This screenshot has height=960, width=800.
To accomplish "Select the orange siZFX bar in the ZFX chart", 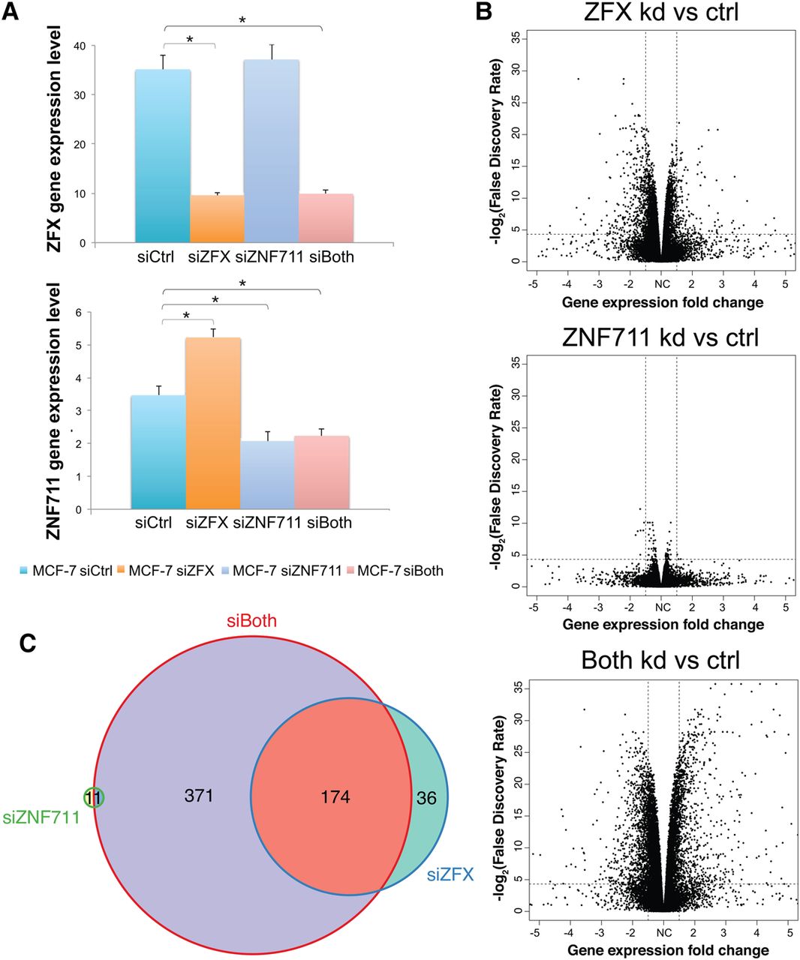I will pyautogui.click(x=218, y=218).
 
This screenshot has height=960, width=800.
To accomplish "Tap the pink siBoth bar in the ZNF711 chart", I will pyautogui.click(x=322, y=472).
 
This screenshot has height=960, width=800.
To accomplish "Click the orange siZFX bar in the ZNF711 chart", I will pyautogui.click(x=213, y=424).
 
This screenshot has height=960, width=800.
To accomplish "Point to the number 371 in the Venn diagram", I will pyautogui.click(x=199, y=795).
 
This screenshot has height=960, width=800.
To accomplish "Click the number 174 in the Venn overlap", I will pyautogui.click(x=335, y=796).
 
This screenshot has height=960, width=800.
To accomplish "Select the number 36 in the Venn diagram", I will pyautogui.click(x=426, y=798).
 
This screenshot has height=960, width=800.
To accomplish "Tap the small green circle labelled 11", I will pyautogui.click(x=94, y=798).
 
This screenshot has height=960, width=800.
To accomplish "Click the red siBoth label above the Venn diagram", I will pyautogui.click(x=252, y=621).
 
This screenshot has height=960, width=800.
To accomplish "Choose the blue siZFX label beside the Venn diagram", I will pyautogui.click(x=450, y=874).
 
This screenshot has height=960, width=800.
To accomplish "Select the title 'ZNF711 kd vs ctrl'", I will pyautogui.click(x=660, y=337).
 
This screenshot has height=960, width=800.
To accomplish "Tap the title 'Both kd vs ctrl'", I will pyautogui.click(x=660, y=660).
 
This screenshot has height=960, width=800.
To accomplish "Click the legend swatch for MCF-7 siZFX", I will pyautogui.click(x=121, y=571).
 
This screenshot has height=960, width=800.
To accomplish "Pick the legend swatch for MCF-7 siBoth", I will pyautogui.click(x=350, y=571).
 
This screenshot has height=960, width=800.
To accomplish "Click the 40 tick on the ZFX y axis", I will pyautogui.click(x=78, y=46).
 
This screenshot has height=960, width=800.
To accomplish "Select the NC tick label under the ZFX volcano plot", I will pyautogui.click(x=662, y=284).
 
